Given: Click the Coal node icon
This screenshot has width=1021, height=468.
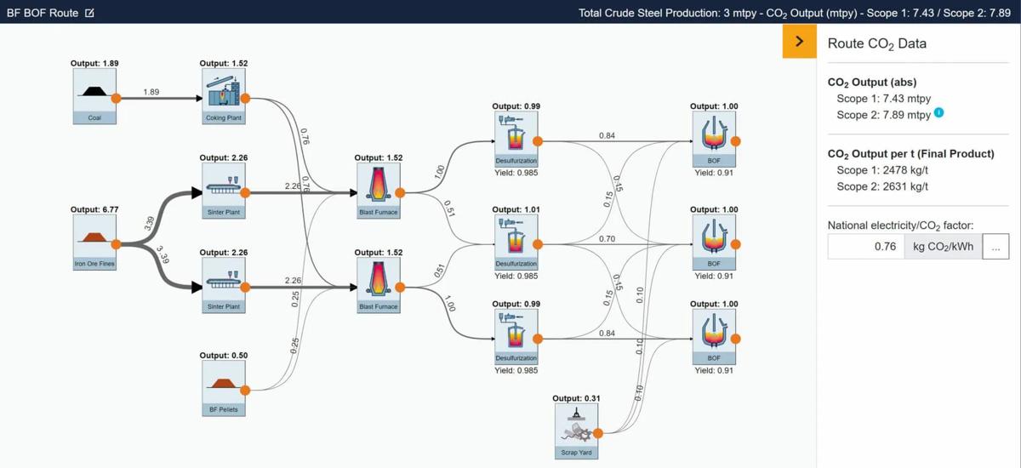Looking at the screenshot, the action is pyautogui.click(x=94, y=96).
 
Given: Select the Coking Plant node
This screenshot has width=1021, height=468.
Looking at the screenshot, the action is pyautogui.click(x=223, y=96).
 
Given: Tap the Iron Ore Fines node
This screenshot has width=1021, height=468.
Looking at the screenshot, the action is pyautogui.click(x=94, y=243).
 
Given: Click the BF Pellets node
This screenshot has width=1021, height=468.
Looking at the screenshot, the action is pyautogui.click(x=223, y=388).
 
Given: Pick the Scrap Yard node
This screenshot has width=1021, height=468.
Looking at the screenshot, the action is pyautogui.click(x=576, y=431).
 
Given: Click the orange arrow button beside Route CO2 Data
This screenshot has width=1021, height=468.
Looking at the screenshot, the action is pyautogui.click(x=800, y=42).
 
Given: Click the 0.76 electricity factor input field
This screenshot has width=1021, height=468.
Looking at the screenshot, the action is pyautogui.click(x=866, y=247).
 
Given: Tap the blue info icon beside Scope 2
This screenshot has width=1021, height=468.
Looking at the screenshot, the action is pyautogui.click(x=939, y=112).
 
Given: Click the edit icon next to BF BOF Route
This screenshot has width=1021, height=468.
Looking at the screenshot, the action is pyautogui.click(x=89, y=13).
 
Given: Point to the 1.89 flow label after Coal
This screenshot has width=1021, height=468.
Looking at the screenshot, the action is pyautogui.click(x=151, y=92).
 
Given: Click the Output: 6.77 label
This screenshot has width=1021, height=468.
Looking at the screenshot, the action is pyautogui.click(x=94, y=209).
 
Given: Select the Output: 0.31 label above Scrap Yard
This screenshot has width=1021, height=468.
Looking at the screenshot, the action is pyautogui.click(x=576, y=398).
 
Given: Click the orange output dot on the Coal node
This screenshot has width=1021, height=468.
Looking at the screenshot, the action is pyautogui.click(x=117, y=98).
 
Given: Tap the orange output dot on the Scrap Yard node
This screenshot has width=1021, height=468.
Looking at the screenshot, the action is pyautogui.click(x=598, y=433).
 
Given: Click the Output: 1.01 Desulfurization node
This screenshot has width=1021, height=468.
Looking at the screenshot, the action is pyautogui.click(x=516, y=243).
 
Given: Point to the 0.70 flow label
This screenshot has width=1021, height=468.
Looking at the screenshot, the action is pyautogui.click(x=607, y=239).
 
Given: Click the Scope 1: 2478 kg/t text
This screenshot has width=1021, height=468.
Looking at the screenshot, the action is pyautogui.click(x=882, y=170).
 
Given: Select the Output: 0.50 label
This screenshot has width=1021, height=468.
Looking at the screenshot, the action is pyautogui.click(x=223, y=355).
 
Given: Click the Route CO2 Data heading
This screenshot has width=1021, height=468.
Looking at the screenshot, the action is pyautogui.click(x=877, y=43).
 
